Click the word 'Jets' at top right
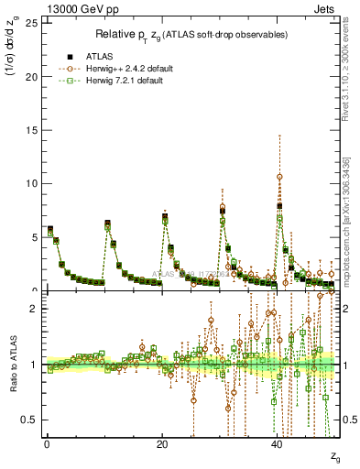pos(326,8)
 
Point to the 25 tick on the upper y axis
pos(32,23)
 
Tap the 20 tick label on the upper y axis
pos(32,76)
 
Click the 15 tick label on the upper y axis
pos(32,130)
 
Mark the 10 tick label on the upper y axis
pos(32,183)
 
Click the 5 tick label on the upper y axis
pos(35,237)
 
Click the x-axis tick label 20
pos(161,444)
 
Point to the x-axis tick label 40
pos(277,444)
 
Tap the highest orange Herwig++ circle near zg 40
pos(279,176)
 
